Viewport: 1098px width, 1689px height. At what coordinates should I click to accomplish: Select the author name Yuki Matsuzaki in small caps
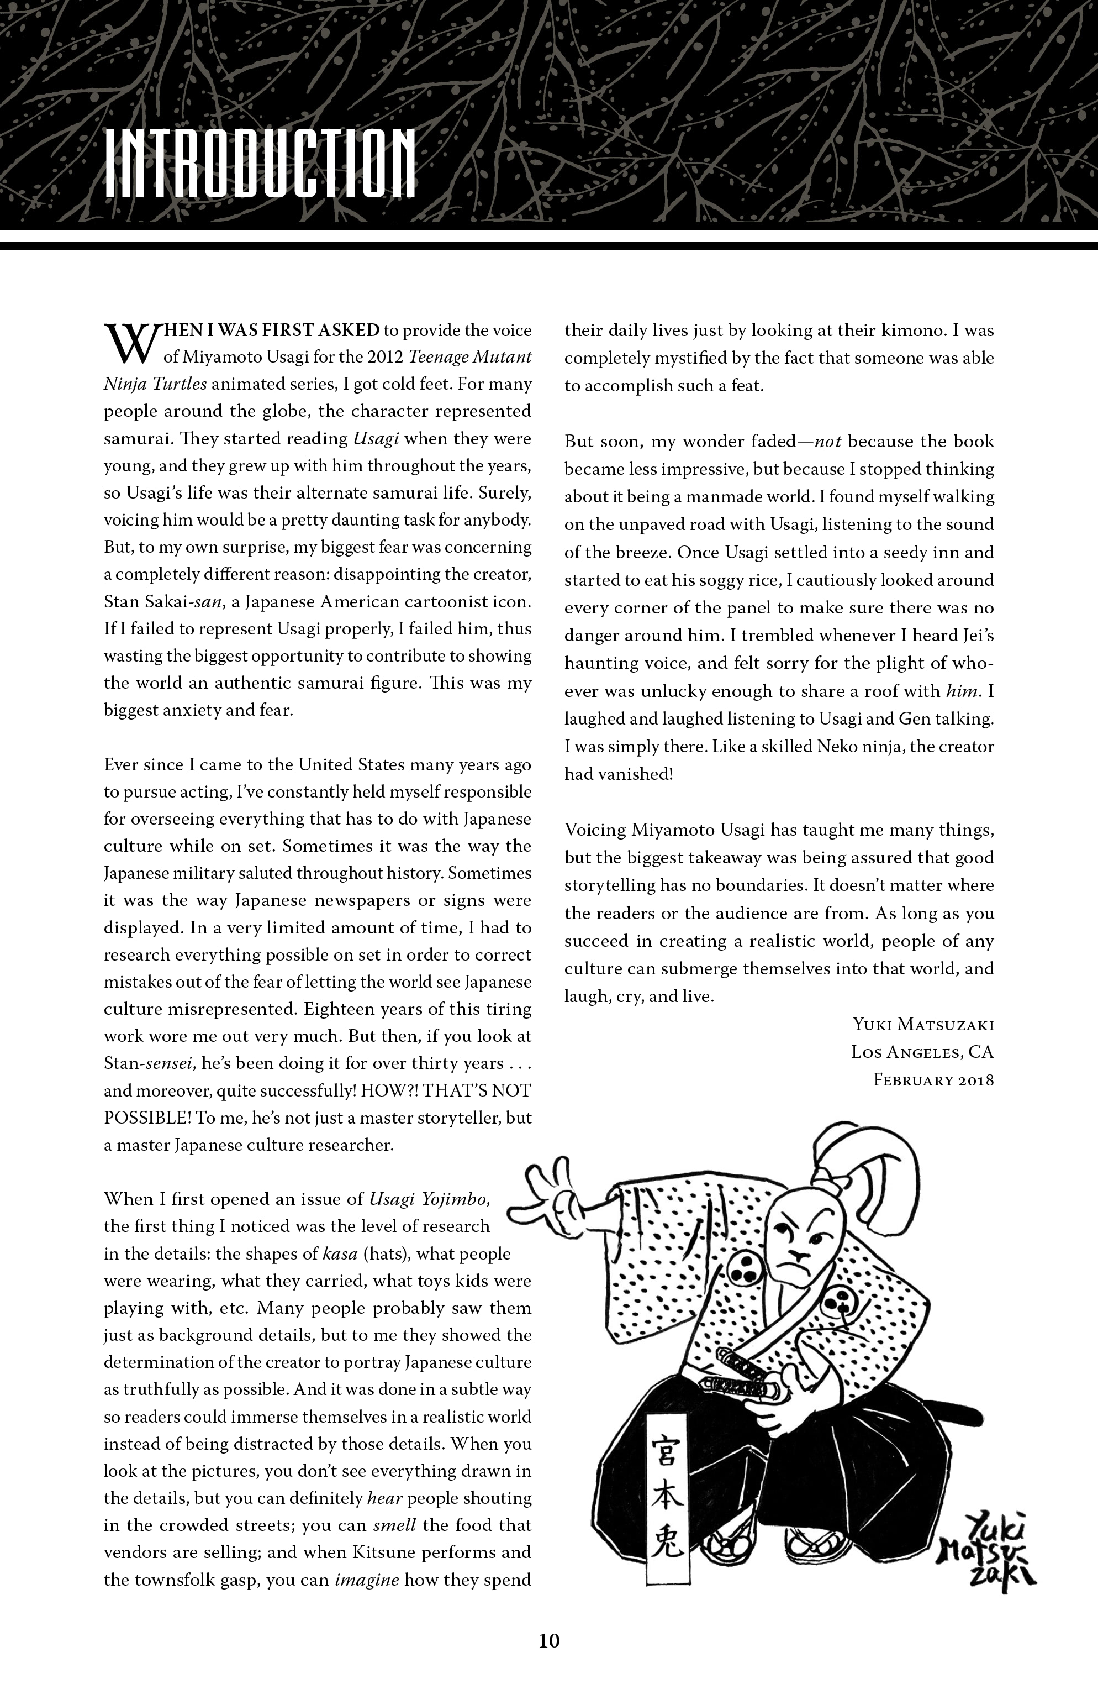point(923,1025)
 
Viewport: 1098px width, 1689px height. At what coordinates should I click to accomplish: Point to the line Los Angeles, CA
point(922,1052)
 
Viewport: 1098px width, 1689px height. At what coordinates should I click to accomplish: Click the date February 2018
point(933,1080)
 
